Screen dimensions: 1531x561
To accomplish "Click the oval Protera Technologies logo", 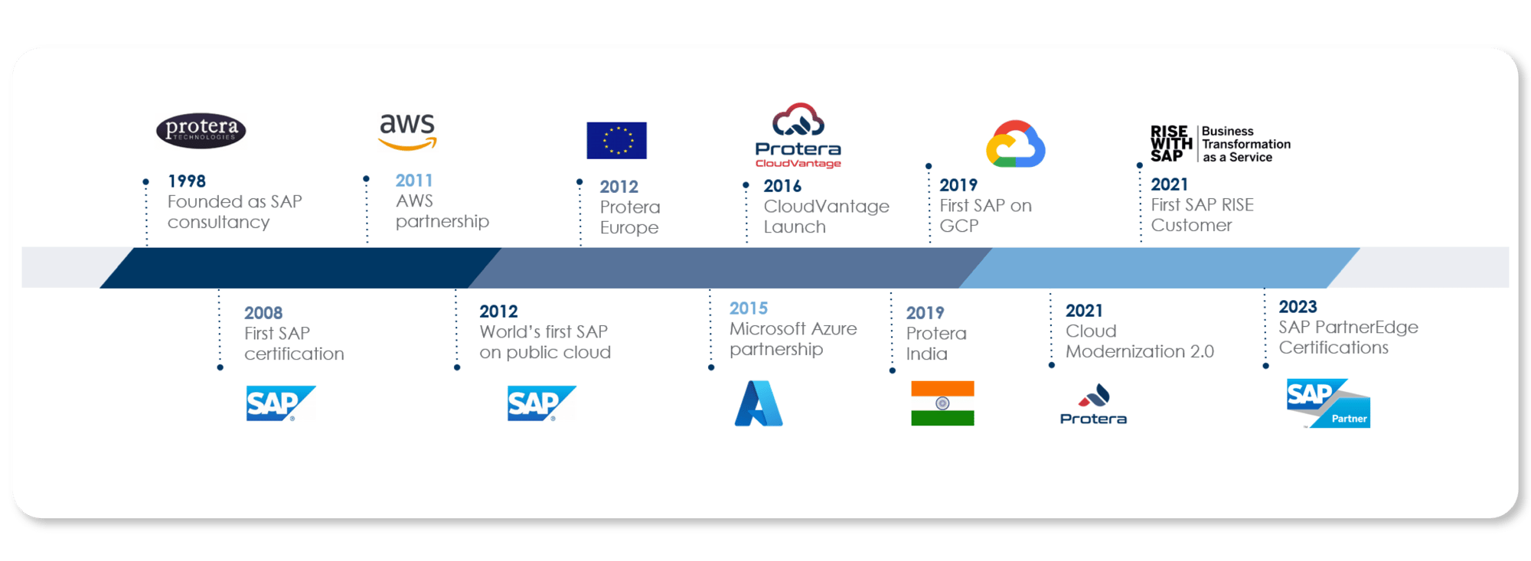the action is click(201, 130).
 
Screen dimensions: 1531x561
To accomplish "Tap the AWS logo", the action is click(407, 132).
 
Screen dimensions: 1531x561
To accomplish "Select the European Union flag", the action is click(616, 140).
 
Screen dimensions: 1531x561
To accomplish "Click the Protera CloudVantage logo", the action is click(798, 135).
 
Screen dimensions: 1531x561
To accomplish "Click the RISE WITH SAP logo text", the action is click(1171, 144).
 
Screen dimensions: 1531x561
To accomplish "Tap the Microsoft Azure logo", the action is click(759, 403).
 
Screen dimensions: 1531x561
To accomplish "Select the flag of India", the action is click(942, 403).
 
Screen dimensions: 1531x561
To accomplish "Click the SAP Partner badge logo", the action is click(1328, 403).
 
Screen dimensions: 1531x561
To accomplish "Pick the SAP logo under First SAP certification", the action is click(280, 403).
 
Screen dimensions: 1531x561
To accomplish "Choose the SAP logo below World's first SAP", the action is click(541, 403).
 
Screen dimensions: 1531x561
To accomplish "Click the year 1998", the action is click(187, 181).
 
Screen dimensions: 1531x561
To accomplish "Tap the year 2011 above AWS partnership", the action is click(414, 181).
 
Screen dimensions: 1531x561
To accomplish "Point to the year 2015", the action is click(749, 308).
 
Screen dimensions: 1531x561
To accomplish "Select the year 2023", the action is click(1298, 307).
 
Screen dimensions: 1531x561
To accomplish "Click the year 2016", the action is click(782, 186).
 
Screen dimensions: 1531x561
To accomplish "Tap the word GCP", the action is click(959, 226).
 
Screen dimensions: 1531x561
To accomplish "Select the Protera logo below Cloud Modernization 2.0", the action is click(1093, 404).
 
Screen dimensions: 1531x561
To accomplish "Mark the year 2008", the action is click(263, 313).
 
